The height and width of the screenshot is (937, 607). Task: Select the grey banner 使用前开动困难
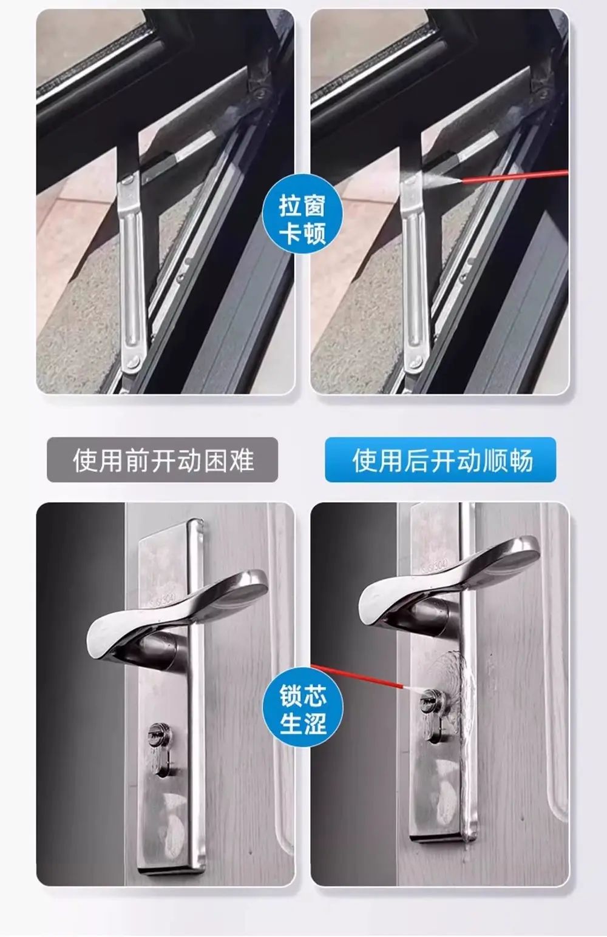(x=163, y=460)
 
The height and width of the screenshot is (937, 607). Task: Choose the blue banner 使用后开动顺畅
(x=441, y=460)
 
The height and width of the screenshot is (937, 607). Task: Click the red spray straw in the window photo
(x=515, y=176)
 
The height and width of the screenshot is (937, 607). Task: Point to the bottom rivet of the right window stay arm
(x=417, y=361)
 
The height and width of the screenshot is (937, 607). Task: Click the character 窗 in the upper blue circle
(x=315, y=206)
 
